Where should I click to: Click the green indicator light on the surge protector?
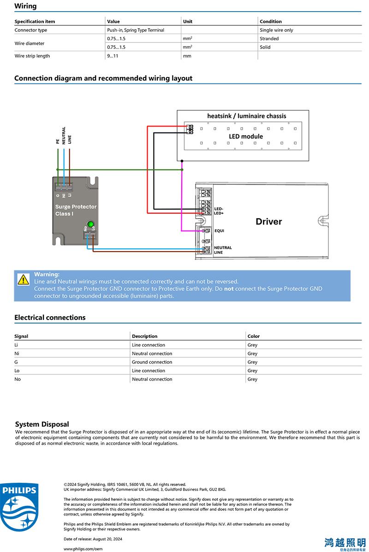(90, 224)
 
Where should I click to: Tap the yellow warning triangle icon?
(23, 280)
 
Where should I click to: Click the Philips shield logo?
(19, 507)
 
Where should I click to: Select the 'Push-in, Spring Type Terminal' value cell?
(136, 30)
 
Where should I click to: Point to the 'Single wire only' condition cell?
(276, 30)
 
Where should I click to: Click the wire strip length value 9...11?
(113, 56)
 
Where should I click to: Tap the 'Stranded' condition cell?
(269, 39)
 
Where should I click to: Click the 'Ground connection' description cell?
(152, 362)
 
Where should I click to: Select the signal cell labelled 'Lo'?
(17, 371)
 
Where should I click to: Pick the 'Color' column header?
(254, 336)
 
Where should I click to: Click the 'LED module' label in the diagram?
(246, 136)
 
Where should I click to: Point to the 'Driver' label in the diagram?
(269, 222)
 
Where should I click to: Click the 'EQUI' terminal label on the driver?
(219, 231)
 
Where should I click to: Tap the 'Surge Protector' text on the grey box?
(76, 207)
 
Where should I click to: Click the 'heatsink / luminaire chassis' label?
(247, 116)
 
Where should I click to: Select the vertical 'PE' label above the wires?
(58, 141)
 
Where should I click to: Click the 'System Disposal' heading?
(42, 424)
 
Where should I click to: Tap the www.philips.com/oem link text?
(83, 549)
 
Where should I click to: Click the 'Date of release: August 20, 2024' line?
(93, 539)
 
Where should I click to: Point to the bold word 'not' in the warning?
(229, 288)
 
